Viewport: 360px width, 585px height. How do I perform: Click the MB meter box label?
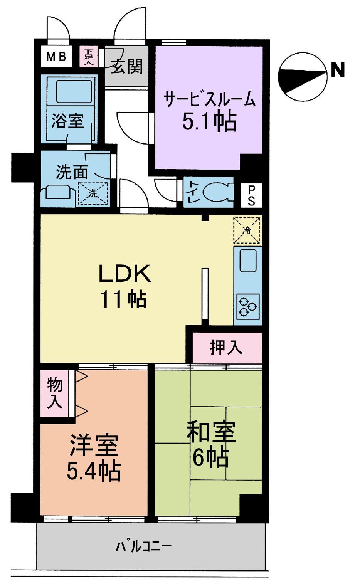pyautogui.click(x=56, y=57)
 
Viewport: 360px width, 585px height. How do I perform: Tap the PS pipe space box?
pyautogui.click(x=251, y=195)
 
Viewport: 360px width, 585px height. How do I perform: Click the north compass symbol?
pyautogui.click(x=302, y=76)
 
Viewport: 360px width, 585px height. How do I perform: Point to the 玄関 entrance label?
pyautogui.click(x=127, y=66)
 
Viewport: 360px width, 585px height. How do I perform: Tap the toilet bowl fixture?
pyautogui.click(x=217, y=192)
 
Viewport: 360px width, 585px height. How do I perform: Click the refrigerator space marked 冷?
pyautogui.click(x=247, y=230)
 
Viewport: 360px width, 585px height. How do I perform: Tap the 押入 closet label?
pyautogui.click(x=226, y=347)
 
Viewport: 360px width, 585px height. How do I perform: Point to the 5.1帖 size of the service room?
pyautogui.click(x=209, y=121)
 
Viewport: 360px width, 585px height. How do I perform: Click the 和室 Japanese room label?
pyautogui.click(x=211, y=433)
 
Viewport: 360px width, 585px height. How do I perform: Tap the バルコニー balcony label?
pyautogui.click(x=143, y=546)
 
